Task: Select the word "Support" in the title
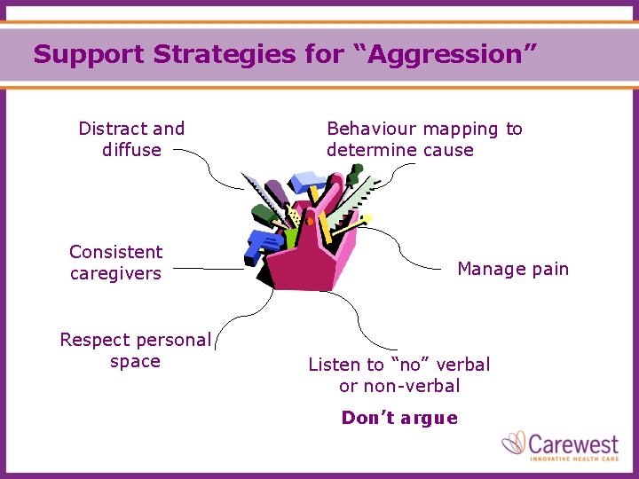coord(89,55)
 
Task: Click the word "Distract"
coord(110,129)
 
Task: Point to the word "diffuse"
coord(131,150)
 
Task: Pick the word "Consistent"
coord(116,252)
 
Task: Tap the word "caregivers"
coord(116,273)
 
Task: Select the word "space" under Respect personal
coord(135,361)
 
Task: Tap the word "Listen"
coord(334,365)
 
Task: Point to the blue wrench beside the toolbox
coord(263,245)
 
